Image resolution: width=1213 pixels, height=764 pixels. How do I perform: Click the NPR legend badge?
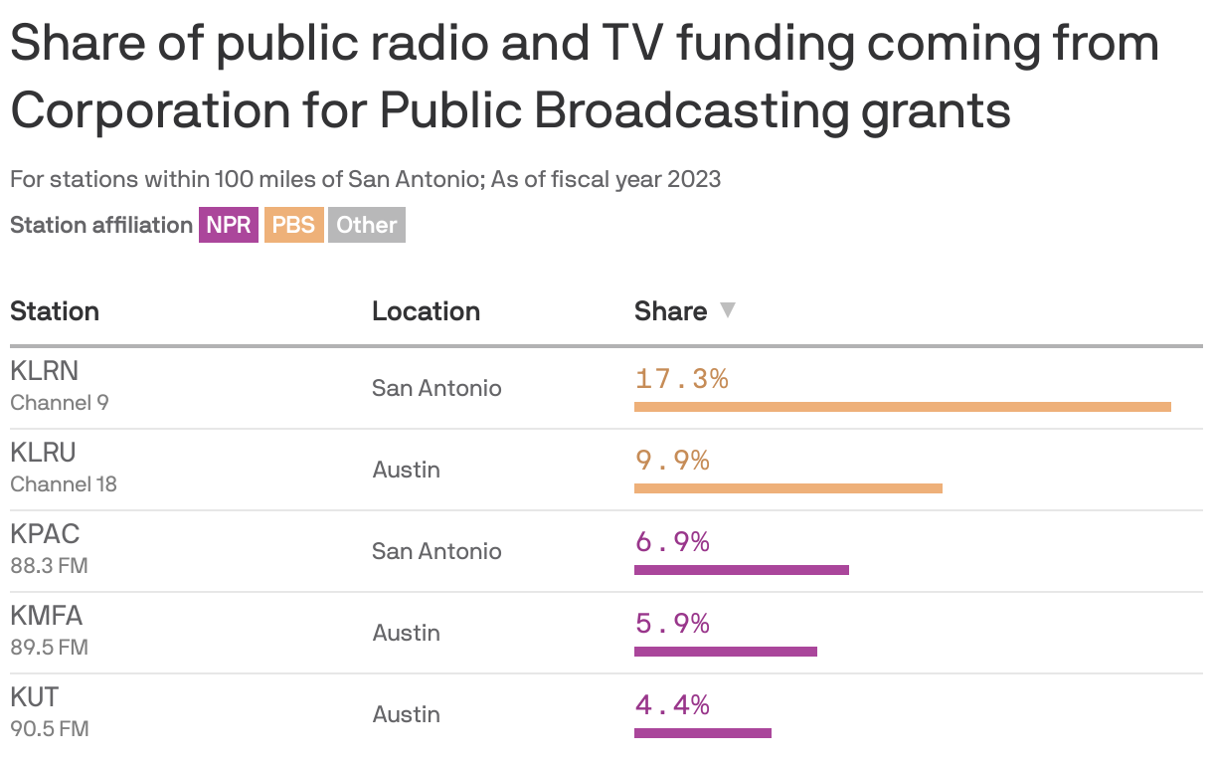(229, 225)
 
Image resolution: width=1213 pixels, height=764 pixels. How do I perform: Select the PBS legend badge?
(293, 225)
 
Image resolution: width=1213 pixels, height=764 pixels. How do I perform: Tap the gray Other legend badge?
(366, 225)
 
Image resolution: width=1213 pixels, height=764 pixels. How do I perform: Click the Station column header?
(55, 311)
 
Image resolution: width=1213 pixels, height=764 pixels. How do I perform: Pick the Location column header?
(426, 311)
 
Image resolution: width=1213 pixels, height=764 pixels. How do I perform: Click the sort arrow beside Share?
(728, 310)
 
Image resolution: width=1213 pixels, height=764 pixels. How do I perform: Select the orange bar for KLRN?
(902, 407)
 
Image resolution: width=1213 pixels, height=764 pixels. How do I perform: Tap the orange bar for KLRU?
(787, 488)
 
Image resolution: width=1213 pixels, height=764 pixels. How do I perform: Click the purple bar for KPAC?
(741, 570)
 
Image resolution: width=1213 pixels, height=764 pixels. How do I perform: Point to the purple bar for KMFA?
(725, 652)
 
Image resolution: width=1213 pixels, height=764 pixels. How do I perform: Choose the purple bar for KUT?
(702, 733)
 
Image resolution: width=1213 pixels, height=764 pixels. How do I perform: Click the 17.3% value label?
(681, 379)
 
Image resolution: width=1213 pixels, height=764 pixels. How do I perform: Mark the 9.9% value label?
(672, 461)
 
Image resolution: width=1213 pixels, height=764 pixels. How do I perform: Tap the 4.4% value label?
(672, 705)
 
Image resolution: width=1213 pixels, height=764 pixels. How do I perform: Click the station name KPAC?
(45, 534)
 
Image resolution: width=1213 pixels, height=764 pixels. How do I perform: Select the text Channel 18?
(64, 484)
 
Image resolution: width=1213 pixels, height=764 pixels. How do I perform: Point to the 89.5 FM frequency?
(49, 648)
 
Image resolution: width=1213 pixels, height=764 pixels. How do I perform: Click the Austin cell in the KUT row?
(406, 714)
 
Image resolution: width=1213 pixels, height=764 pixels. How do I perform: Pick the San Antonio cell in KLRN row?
(436, 388)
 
